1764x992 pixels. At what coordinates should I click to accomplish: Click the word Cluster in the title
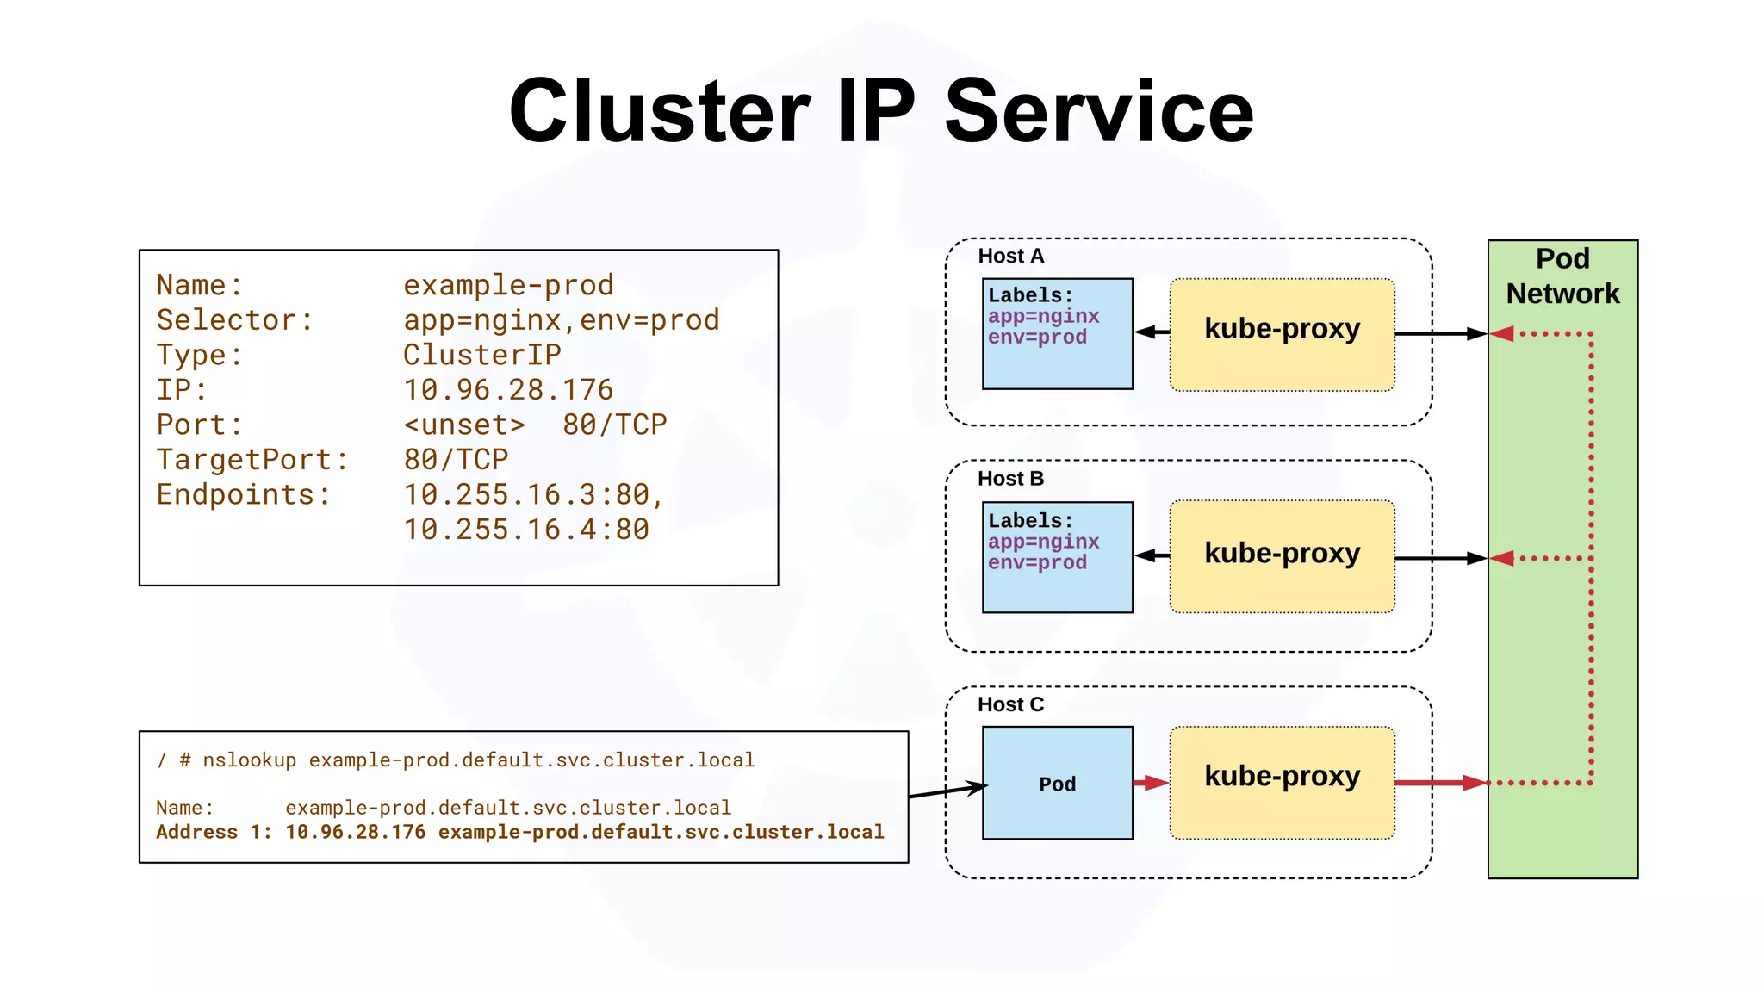tap(660, 112)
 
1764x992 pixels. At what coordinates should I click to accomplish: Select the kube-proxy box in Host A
tap(1282, 334)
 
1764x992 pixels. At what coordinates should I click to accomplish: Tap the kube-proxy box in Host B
tap(1282, 556)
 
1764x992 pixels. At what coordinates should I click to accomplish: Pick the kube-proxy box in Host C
tap(1282, 782)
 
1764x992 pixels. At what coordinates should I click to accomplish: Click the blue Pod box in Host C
tap(1057, 783)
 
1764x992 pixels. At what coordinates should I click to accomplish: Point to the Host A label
tap(1010, 257)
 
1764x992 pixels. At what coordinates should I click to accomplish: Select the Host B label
tap(1010, 479)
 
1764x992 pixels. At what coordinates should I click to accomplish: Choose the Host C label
tap(1010, 705)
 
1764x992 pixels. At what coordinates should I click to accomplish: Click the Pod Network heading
tap(1562, 276)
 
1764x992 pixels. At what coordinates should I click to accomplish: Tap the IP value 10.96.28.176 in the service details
tap(508, 390)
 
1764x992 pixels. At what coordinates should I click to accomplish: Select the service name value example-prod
tap(508, 286)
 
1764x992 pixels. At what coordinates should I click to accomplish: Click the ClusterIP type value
tap(482, 355)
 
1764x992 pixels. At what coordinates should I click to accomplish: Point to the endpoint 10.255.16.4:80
tap(526, 530)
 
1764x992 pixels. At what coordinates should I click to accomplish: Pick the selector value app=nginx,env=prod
tap(561, 320)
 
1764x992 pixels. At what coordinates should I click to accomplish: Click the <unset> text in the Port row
tap(464, 425)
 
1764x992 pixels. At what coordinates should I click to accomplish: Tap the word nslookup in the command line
tap(250, 760)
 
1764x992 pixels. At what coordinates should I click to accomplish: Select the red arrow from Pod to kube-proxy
tap(1151, 783)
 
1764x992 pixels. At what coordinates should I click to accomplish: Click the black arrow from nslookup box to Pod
tap(947, 790)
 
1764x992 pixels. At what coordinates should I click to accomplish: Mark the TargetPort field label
tap(252, 460)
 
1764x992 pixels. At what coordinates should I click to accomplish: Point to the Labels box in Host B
tap(1057, 557)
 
